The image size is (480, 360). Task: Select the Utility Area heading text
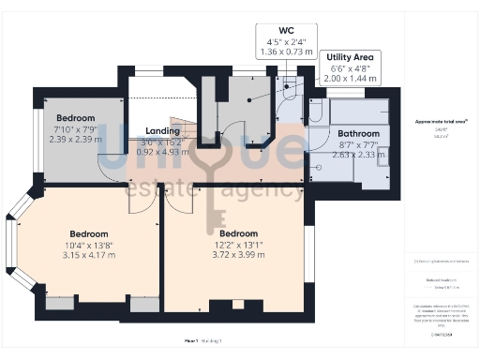[350, 57]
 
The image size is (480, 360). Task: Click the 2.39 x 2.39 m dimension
[76, 139]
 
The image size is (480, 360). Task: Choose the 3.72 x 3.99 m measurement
[238, 253]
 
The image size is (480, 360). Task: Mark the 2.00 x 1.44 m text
[350, 80]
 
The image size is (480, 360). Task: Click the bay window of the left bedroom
[12, 245]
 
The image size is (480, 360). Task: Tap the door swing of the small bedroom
[112, 169]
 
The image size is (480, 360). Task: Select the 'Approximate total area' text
[441, 122]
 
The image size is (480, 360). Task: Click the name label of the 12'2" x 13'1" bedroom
[238, 232]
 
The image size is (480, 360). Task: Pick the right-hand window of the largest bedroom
[310, 253]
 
